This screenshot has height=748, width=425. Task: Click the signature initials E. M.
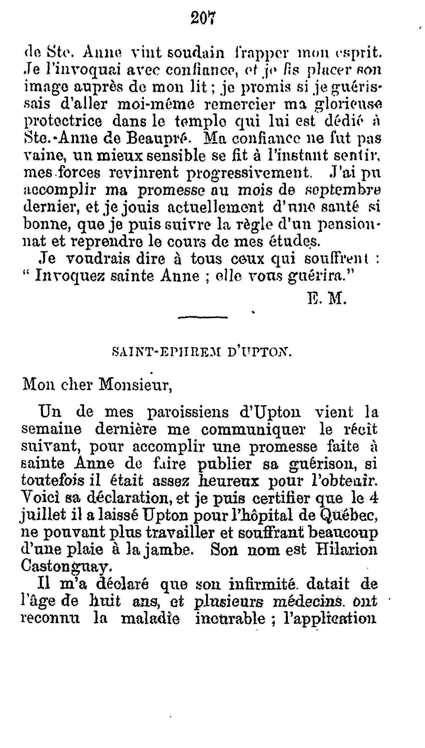[x=327, y=299]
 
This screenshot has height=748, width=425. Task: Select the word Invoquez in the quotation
[x=70, y=276]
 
